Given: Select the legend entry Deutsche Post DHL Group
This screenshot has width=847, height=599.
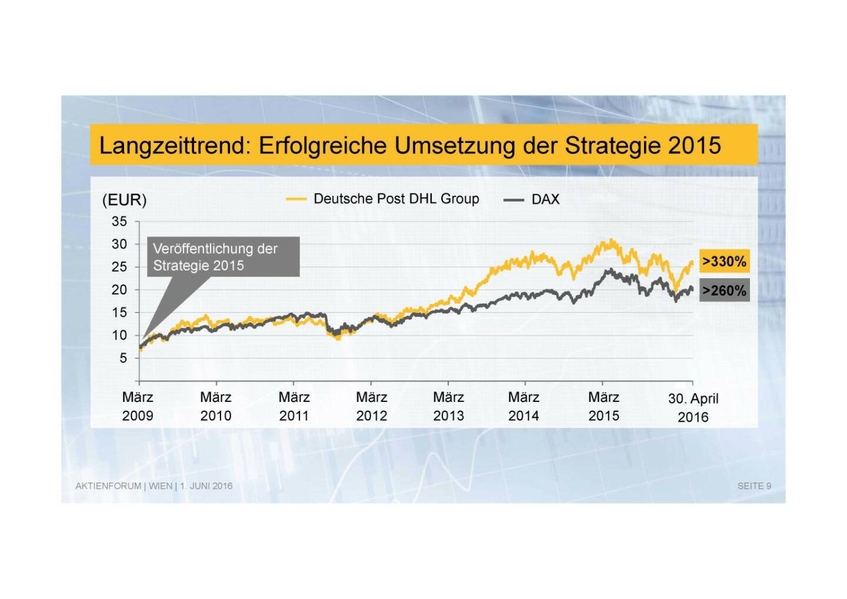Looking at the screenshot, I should pos(396,199).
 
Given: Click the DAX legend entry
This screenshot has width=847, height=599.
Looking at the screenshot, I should pos(545,199).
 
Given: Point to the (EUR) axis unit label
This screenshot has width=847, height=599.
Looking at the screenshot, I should pos(124,200).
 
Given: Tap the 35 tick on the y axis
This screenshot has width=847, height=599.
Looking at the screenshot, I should pos(119,222).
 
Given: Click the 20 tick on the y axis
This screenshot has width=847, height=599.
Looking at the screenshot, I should pos(119,289).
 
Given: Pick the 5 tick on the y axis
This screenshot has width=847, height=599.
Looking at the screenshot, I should pos(123,358).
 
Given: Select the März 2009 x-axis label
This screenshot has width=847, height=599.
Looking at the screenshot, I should pos(138,407).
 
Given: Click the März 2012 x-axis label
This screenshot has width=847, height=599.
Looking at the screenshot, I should pos(371,407).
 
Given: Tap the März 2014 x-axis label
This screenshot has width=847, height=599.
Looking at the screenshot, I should pos(523,407).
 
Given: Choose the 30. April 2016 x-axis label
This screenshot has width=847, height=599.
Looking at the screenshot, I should pos(693,408).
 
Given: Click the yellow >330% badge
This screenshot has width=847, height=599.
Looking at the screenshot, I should pos(724,261).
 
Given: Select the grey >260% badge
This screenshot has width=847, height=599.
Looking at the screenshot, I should pos(724,291).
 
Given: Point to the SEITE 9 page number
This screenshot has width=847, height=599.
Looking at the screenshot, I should pos(754,486).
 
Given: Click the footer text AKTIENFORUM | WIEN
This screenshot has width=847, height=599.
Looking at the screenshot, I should pos(124,486).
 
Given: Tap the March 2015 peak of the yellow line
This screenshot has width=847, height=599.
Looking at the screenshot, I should pos(611,241).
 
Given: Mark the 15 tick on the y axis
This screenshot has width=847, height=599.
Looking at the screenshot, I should pos(119,312).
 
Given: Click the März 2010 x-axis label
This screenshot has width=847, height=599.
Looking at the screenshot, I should pos(216,407).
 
